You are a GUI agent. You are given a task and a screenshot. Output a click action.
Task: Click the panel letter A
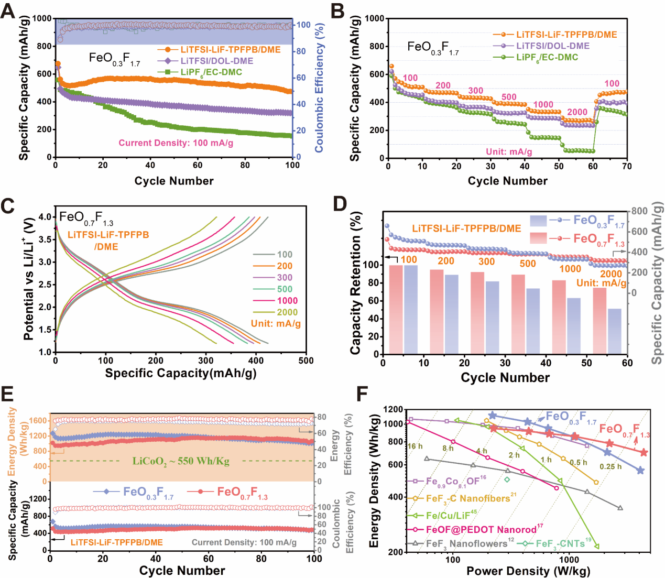8,10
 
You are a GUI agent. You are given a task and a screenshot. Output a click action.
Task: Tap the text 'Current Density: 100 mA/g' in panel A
176,143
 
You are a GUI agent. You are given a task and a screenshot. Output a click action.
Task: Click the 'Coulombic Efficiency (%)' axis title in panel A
319,88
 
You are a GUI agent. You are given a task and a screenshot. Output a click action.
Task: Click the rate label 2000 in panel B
577,112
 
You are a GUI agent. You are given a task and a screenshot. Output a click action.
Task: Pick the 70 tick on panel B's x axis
627,167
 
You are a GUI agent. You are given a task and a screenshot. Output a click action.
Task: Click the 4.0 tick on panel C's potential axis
45,217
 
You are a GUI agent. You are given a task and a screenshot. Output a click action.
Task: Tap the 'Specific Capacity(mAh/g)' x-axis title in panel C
181,373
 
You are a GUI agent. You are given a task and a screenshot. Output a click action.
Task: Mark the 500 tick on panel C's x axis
306,361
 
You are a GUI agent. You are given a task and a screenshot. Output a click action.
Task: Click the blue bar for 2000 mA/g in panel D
614,331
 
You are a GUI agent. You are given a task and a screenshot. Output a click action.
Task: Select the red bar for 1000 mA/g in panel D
559,317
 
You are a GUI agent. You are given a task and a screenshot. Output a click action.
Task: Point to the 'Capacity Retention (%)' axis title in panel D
356,283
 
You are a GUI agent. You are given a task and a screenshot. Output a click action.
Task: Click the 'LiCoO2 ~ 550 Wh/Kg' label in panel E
181,462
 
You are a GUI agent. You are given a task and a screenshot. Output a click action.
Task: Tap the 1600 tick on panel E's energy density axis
38,420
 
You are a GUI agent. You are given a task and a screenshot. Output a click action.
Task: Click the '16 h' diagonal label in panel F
415,446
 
